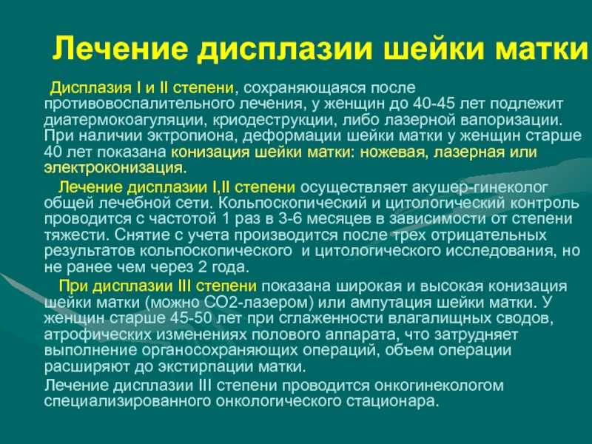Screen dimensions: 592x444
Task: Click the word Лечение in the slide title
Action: point(119,48)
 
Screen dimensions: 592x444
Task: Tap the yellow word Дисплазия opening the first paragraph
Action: point(90,88)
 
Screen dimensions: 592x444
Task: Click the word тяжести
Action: point(76,235)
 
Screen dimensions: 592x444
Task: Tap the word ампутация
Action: point(390,303)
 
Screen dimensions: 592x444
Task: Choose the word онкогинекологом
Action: point(439,386)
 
